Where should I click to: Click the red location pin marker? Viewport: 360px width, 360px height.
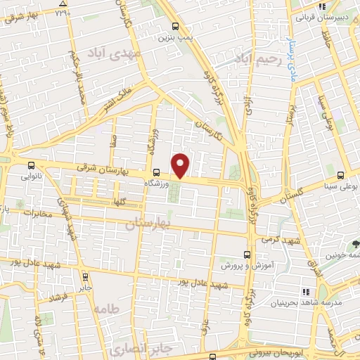(x=181, y=165)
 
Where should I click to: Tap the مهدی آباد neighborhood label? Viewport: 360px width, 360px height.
(x=114, y=53)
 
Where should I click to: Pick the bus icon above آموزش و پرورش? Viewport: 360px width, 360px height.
(x=245, y=255)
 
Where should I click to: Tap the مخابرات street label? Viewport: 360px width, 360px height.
(x=37, y=212)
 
